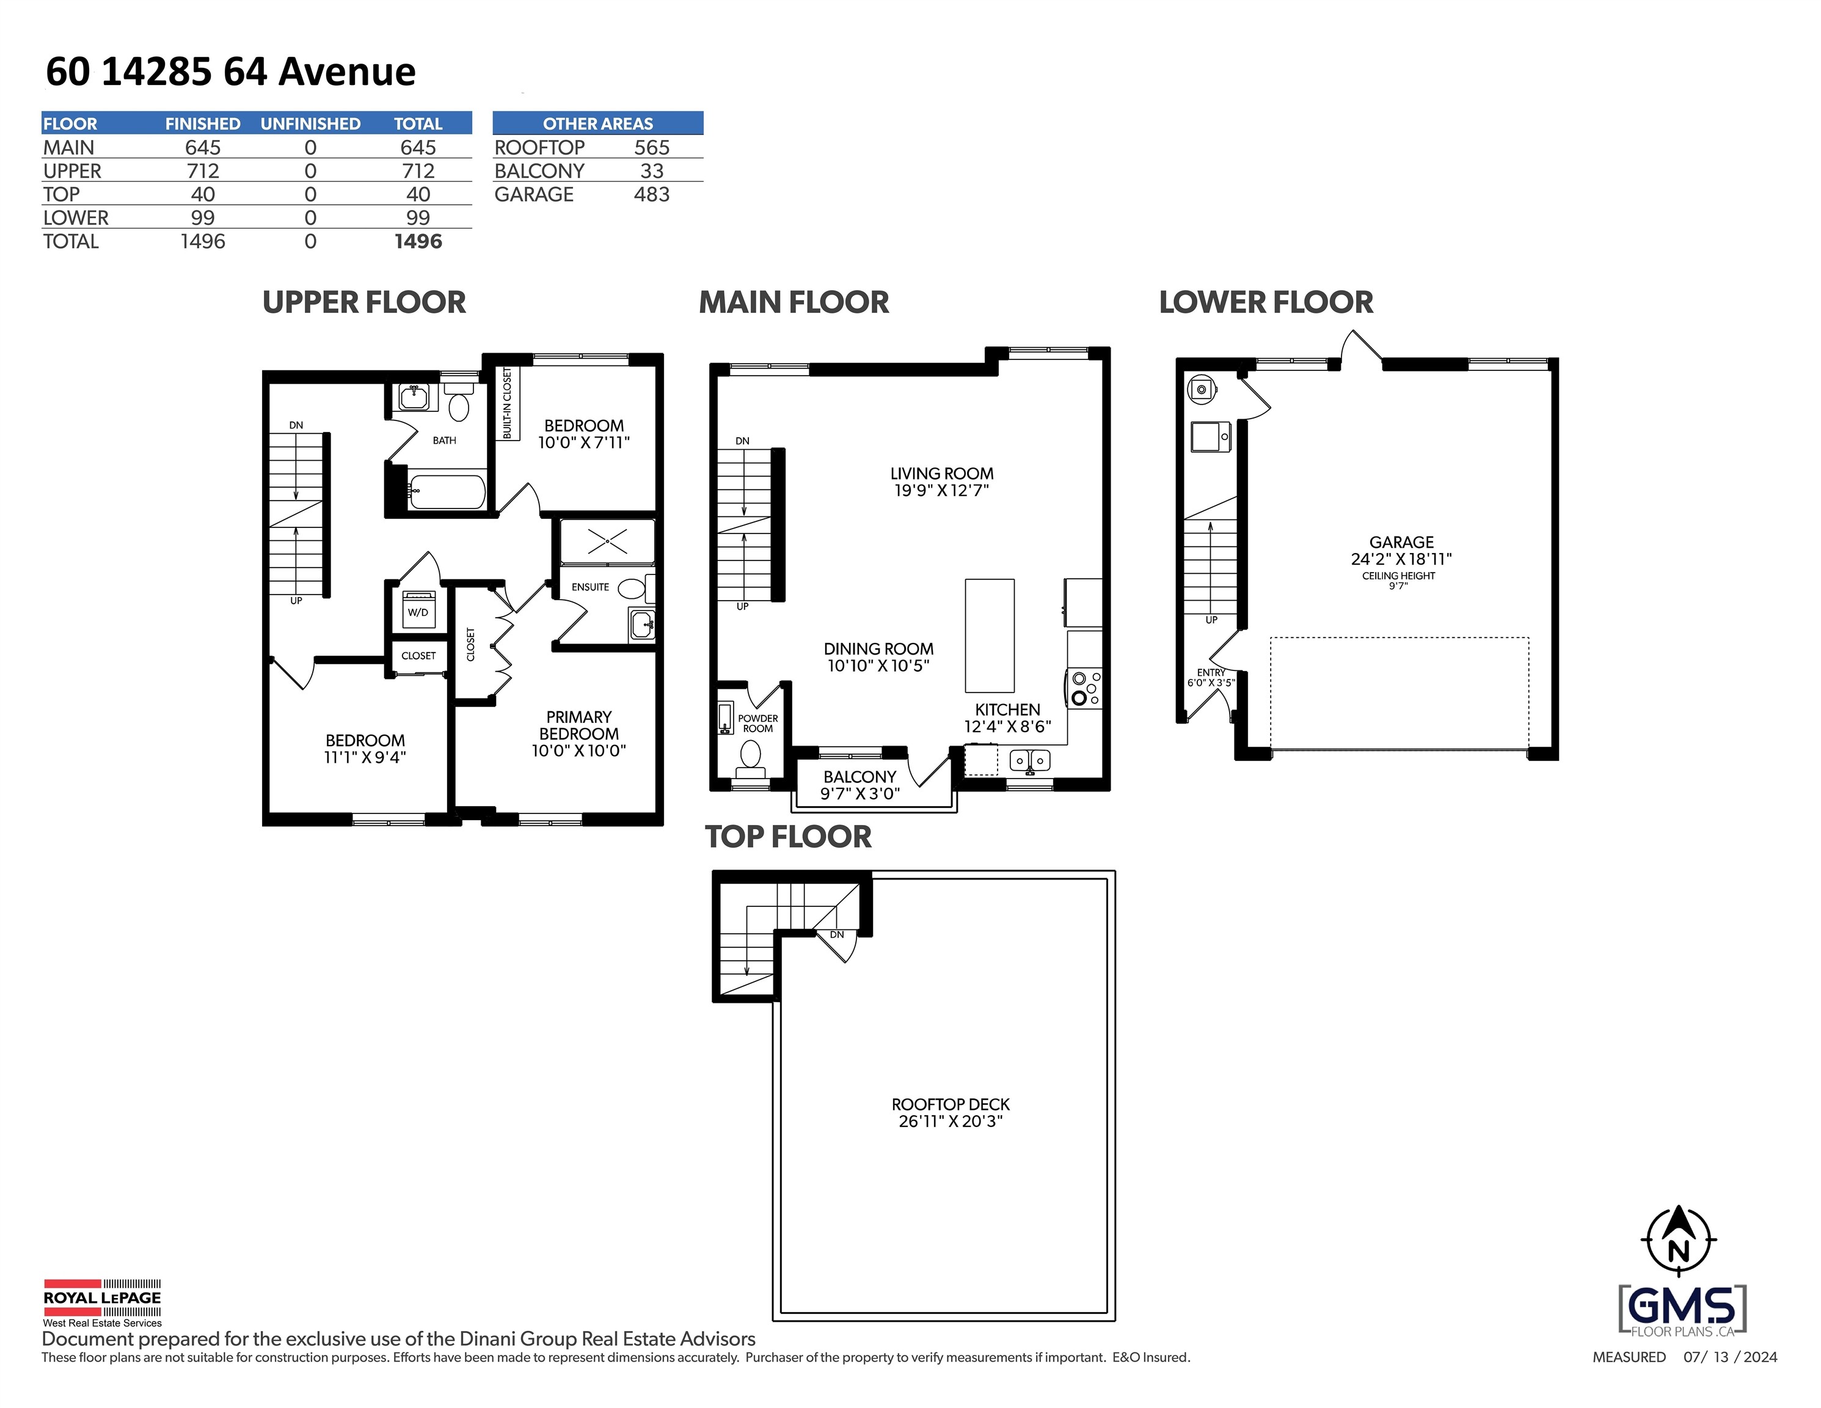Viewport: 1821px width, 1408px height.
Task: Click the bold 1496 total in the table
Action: [418, 242]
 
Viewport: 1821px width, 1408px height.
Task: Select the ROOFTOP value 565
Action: [651, 148]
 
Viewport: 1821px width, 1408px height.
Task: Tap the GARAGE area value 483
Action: [651, 194]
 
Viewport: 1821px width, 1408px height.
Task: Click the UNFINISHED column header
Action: [310, 123]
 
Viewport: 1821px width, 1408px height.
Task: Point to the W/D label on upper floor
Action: [418, 612]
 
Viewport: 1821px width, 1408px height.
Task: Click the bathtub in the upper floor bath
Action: [447, 492]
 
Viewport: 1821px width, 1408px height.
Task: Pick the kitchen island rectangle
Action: [990, 636]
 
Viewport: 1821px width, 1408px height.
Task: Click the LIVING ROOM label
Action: [941, 474]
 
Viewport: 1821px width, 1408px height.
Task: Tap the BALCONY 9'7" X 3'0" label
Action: [859, 785]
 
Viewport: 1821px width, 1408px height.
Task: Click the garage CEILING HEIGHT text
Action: [1398, 576]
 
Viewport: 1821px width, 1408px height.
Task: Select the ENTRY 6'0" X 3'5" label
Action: [1211, 677]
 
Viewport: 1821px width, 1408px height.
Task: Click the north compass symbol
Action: [1679, 1241]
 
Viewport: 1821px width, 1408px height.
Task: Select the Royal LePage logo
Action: [102, 1301]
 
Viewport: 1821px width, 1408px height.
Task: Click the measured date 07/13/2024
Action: [1729, 1357]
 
